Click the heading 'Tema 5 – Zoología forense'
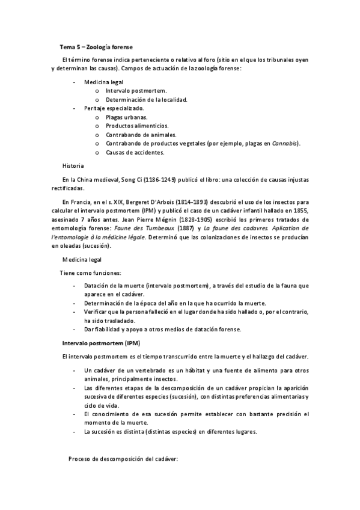pyautogui.click(x=96, y=46)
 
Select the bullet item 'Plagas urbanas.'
pyautogui.click(x=126, y=117)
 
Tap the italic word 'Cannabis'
pyautogui.click(x=286, y=143)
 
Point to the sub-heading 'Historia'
pyautogui.click(x=73, y=165)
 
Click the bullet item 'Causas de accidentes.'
pyautogui.click(x=135, y=152)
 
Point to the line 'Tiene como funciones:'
pyautogui.click(x=90, y=272)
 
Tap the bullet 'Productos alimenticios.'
pyautogui.click(x=138, y=126)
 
